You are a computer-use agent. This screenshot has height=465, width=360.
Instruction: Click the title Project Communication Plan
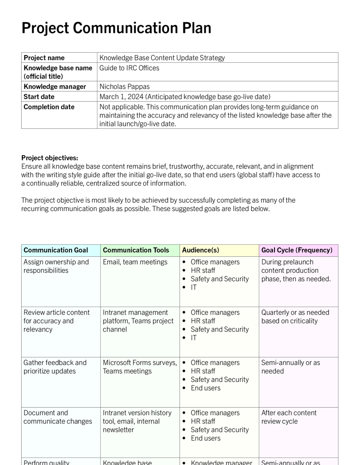116,28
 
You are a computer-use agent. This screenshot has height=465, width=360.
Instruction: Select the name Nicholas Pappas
125,86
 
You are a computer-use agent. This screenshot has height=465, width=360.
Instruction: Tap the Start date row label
39,97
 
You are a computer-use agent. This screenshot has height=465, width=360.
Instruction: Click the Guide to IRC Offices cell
129,68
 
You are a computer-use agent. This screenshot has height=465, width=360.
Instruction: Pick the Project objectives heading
49,158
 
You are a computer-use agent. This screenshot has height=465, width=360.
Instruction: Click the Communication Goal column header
55,250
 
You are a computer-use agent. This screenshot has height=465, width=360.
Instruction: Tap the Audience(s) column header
201,250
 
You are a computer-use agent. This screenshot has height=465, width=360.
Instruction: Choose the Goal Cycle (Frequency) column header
297,250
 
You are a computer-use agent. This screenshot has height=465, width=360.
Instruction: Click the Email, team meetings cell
135,262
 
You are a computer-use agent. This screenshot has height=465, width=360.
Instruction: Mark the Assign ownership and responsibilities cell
56,266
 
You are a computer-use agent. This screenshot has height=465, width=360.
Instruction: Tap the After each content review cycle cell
289,417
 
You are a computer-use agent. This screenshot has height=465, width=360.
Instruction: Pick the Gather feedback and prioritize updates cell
55,367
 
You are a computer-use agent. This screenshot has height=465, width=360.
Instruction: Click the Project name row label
44,58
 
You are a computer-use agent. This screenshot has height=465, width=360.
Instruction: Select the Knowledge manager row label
55,86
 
